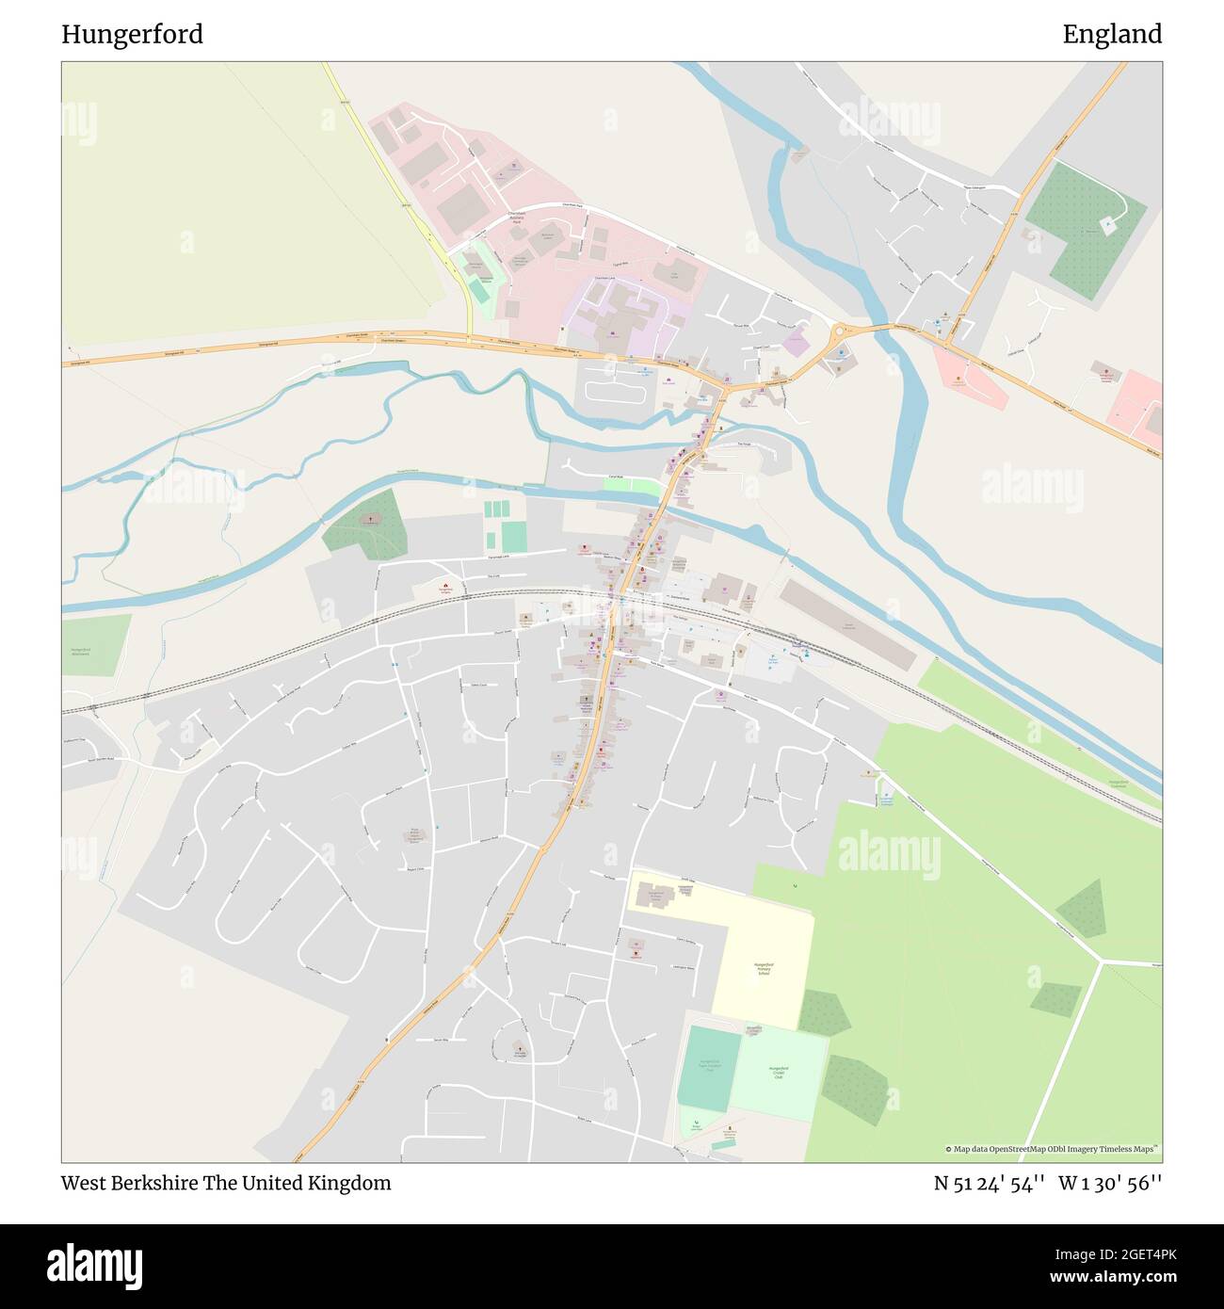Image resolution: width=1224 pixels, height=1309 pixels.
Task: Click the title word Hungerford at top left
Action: coord(132,35)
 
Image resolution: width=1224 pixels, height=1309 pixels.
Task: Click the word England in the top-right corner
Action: coord(1112,35)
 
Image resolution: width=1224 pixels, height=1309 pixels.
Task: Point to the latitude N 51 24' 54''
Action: coord(989,1184)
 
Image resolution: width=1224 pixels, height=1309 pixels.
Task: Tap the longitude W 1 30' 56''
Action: coord(1110,1184)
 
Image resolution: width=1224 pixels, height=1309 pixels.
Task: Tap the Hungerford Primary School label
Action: coord(764,968)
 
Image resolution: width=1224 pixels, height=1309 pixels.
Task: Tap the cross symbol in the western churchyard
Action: coord(370,518)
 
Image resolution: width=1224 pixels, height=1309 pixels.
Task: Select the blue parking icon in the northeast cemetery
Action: coord(1108,223)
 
